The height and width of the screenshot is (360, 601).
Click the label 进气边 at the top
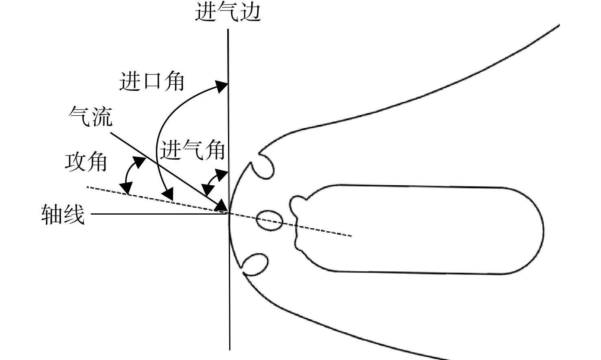tap(228, 12)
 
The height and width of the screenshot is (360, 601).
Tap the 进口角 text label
tap(151, 81)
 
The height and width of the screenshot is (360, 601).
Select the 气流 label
tap(90, 116)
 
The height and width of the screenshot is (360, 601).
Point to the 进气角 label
tap(192, 150)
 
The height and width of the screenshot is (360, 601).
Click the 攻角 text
tap(86, 162)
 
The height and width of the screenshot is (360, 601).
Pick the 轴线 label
tap(63, 214)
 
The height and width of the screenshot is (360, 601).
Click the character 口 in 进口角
tap(152, 81)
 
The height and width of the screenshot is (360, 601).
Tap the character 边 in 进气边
tap(250, 12)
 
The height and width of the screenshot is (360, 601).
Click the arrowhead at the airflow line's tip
tap(222, 206)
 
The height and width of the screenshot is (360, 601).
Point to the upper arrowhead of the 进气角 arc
tap(222, 175)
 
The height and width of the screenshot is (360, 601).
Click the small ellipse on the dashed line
tap(270, 220)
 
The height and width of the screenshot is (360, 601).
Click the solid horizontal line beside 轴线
tap(160, 214)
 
